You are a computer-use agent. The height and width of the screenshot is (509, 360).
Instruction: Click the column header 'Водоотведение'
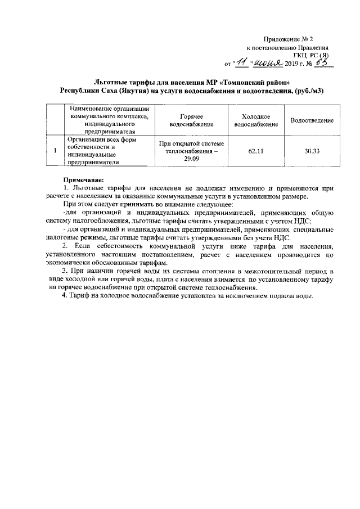pyautogui.click(x=312, y=120)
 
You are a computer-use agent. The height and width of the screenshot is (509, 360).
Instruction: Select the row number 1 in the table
pyautogui.click(x=55, y=151)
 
